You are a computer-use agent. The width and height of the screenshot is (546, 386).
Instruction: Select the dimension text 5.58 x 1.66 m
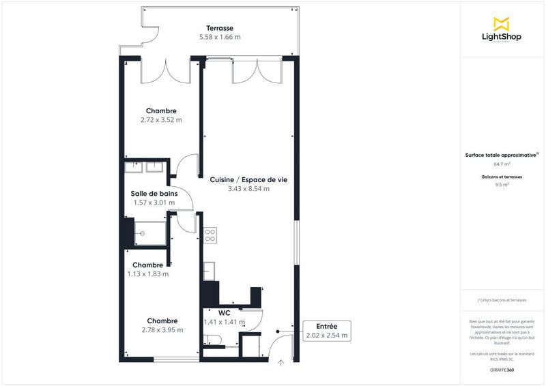(x=220, y=37)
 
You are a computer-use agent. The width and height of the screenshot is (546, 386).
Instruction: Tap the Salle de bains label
(x=154, y=194)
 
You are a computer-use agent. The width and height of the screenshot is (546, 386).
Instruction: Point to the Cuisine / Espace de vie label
(x=248, y=179)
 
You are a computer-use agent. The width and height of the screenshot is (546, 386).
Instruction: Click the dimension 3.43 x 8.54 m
(x=248, y=189)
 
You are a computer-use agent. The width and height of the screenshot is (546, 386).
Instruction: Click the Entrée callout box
(x=326, y=331)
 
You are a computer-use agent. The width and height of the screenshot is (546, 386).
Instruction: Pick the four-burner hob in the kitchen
(x=210, y=235)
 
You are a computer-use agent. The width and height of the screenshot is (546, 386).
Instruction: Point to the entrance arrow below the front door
(x=281, y=363)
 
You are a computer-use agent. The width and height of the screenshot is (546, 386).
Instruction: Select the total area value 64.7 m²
(x=502, y=164)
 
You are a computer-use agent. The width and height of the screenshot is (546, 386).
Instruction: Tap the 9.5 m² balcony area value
(x=502, y=184)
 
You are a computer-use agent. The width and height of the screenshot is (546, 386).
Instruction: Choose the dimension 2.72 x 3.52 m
(x=161, y=120)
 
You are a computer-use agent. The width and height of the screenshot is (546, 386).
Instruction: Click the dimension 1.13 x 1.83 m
(x=148, y=274)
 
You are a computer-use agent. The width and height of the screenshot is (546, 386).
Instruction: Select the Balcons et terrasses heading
(x=502, y=177)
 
